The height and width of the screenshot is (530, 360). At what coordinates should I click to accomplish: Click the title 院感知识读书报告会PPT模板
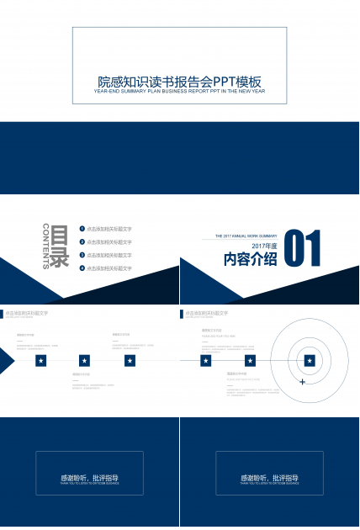pos(180,82)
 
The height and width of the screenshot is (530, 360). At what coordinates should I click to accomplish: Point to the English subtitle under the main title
pos(180,91)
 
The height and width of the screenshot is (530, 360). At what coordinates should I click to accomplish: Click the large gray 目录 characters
pos(60,246)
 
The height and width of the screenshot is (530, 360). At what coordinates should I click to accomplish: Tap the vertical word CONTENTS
pos(45,246)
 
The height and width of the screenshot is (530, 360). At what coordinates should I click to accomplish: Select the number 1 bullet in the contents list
pos(82,229)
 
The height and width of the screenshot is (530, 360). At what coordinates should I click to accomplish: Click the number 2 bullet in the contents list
pos(82,241)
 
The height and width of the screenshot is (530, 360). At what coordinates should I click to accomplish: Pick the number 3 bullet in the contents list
pos(82,255)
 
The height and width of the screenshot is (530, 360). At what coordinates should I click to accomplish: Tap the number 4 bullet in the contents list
pos(82,268)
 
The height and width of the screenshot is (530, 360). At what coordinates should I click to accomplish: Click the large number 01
pos(304,250)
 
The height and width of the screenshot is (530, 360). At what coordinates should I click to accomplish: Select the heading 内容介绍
pos(250,259)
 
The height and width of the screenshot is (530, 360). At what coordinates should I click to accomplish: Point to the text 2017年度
pos(264,245)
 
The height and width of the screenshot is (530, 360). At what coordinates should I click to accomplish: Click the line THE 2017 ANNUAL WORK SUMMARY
pos(246,236)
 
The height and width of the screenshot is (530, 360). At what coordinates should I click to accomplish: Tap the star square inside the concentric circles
pos(310,361)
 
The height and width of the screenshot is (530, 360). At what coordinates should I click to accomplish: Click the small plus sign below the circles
pos(302,382)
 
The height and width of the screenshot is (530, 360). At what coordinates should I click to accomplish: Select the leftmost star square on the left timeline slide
pos(40,361)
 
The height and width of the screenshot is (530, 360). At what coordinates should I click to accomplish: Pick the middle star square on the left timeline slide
pos(84,361)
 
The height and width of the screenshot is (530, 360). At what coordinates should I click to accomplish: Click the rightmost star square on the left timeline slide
pos(130,361)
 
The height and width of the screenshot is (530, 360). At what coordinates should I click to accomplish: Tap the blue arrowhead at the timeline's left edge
pos(6,361)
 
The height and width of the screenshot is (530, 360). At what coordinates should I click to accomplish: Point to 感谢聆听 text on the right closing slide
pos(269,478)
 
